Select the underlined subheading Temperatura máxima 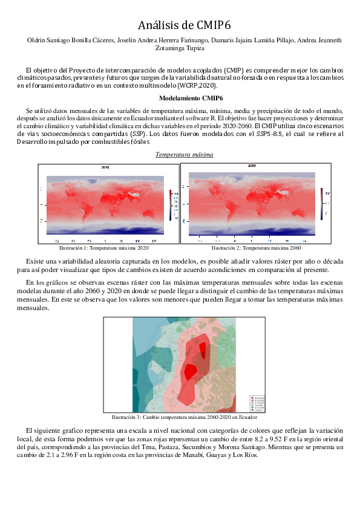[184, 154]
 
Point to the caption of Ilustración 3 [180, 417]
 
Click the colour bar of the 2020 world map [170, 203]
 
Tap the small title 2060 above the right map [252, 166]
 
